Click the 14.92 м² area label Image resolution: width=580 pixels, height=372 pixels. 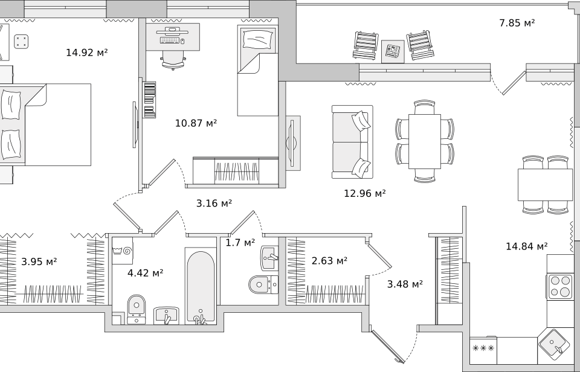coord(86,53)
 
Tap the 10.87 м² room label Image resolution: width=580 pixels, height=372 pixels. coord(196,123)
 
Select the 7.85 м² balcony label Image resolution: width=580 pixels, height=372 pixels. coord(517,23)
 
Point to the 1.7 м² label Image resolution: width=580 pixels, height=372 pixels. coord(240,243)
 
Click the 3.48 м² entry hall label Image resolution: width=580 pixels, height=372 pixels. coord(405,284)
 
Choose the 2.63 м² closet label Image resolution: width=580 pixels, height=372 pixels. coord(329,261)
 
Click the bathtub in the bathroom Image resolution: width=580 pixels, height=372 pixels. coord(200,287)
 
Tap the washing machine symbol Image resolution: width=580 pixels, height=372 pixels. coord(123,251)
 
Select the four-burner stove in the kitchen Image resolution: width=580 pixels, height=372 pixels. coord(559,287)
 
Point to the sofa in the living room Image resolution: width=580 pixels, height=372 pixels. coord(352,142)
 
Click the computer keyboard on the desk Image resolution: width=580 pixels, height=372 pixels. coord(170,40)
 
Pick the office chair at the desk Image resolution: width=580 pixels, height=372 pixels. coord(173,59)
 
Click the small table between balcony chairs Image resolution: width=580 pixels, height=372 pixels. coord(393,51)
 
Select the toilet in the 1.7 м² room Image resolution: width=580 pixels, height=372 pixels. coord(262,284)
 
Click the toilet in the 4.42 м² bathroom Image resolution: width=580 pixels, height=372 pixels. coord(136,309)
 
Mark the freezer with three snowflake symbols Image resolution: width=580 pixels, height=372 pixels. coord(483,348)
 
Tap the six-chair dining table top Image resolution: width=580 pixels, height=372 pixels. coord(425,141)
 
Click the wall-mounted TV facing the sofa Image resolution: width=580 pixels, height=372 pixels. coord(291,143)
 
